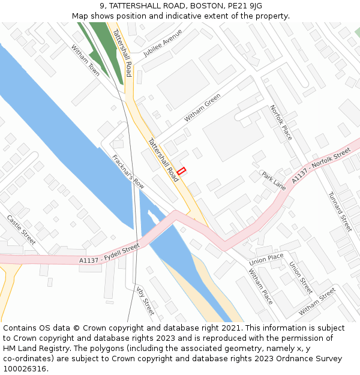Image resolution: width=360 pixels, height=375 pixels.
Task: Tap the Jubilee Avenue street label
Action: coord(163,43)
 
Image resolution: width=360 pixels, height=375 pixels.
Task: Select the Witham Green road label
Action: coord(202,108)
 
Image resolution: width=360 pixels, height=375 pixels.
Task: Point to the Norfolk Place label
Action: coord(281,122)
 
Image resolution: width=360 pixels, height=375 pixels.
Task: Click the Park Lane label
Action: coord(274,180)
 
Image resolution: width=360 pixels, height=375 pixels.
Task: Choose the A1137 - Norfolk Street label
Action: coord(321,166)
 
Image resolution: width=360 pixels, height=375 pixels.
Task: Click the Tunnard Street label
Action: coord(340,211)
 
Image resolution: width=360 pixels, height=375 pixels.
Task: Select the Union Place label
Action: coord(266,260)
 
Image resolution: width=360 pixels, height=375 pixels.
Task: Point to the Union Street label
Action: coord(301,277)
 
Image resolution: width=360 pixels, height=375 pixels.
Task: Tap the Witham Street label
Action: coord(317,302)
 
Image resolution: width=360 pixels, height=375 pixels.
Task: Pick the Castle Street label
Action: coord(22,230)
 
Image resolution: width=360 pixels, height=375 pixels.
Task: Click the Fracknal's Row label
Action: coord(128,172)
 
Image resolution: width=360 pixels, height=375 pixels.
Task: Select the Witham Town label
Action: coord(86,60)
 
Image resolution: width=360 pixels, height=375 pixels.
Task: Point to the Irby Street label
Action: coord(145,300)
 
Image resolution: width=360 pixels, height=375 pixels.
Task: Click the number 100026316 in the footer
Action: coord(25,368)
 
